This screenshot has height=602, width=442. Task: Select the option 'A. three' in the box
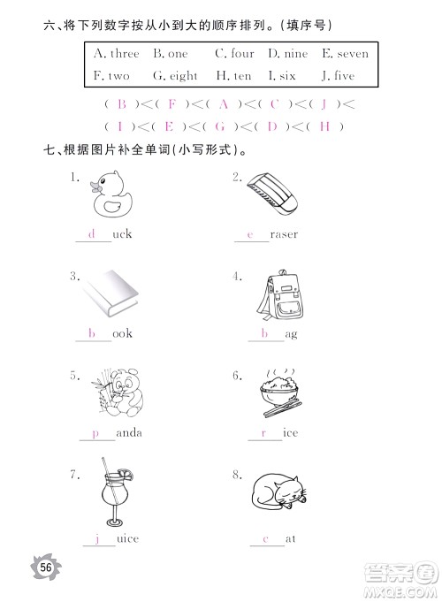pyautogui.click(x=116, y=54)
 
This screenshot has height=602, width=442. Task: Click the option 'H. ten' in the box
pyautogui.click(x=233, y=76)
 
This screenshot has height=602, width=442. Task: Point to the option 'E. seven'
pyautogui.click(x=339, y=54)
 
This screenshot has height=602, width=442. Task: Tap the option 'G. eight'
pyautogui.click(x=173, y=76)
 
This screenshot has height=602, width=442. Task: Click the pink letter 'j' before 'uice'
pyautogui.click(x=99, y=537)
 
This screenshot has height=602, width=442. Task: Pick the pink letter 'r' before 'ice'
pyautogui.click(x=263, y=433)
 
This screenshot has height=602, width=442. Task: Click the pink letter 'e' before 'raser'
pyautogui.click(x=251, y=235)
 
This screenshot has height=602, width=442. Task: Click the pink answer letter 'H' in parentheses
pyautogui.click(x=325, y=126)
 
